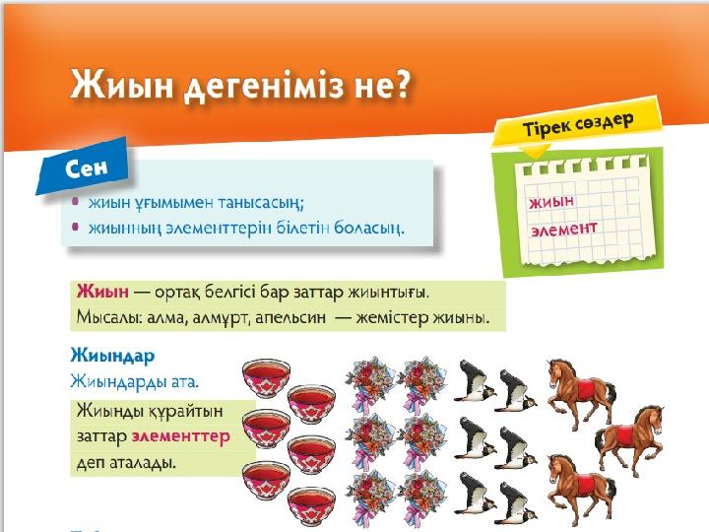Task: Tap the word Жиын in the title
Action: coord(121,85)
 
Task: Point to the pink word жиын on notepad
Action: coord(551,202)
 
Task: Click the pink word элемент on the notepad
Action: coord(564,229)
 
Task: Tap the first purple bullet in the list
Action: coord(76,201)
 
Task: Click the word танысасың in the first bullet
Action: coord(260,203)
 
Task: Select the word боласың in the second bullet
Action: coord(368,228)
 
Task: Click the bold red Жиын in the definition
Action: coord(102,292)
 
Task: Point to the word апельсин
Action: coord(290,317)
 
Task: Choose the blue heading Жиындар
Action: coord(112,356)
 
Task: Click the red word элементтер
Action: coord(181,436)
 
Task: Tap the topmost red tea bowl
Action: coord(266,373)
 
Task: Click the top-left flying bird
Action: coord(475,380)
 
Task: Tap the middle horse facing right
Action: coord(631,437)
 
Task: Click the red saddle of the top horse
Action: coord(587,389)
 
